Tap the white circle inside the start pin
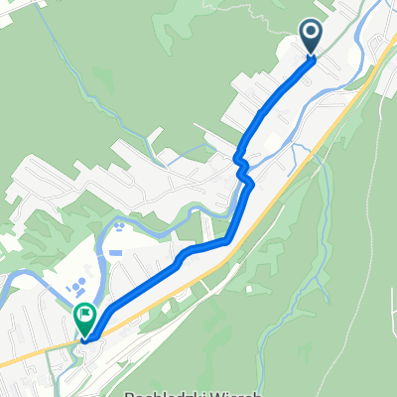(x=311, y=35)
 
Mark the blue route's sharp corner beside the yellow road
(x=229, y=239)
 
